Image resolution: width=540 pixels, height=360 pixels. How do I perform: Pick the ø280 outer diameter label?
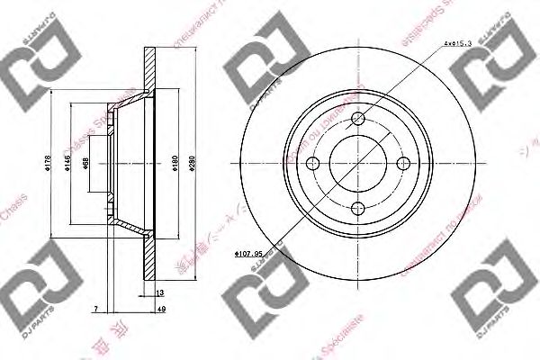189,163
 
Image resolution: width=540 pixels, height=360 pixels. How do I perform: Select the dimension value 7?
95,310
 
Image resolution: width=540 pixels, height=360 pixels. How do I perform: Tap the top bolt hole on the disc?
358,120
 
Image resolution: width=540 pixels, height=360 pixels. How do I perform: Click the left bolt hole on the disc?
314,164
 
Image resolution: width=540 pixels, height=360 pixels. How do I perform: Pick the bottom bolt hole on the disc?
358,208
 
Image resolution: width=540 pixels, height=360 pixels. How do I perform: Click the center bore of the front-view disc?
358,164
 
